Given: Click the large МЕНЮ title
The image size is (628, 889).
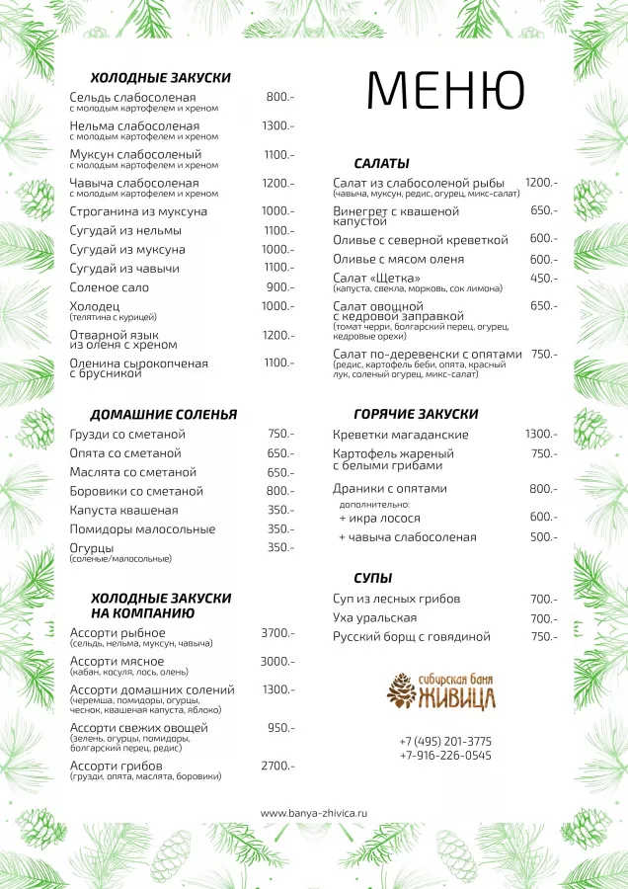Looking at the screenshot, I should point(445,91).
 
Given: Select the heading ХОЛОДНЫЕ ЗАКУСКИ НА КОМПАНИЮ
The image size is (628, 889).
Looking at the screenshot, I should point(161,606).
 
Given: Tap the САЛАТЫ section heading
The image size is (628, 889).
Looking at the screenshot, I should point(381,163).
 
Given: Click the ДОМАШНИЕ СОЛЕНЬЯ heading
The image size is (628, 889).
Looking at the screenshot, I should point(164,414).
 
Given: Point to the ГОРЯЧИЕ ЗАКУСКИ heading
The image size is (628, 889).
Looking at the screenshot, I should point(416,414).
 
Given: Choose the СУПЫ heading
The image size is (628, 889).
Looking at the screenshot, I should point(373,577).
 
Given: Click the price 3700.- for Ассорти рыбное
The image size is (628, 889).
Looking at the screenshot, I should point(277,633).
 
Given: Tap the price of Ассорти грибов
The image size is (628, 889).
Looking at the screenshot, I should point(277,766).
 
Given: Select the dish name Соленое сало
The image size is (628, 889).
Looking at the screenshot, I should point(110,287).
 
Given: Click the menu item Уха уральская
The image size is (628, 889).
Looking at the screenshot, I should point(376,618).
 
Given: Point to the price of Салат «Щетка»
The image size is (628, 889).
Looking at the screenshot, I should point(544,279).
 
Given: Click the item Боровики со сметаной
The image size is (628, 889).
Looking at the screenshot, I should point(136,491).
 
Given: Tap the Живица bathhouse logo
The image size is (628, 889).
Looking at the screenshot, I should point(441,690).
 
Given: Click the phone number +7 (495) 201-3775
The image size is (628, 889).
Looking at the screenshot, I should point(445,741).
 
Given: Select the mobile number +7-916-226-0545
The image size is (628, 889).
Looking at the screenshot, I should point(445,756).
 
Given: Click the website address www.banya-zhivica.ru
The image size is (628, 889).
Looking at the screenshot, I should point(313,813).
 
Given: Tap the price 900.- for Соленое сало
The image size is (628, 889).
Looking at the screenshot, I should point(279,287).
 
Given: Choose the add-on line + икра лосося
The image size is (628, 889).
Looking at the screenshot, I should point(379,517).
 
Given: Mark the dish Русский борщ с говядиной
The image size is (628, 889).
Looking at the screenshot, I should point(412,637).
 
